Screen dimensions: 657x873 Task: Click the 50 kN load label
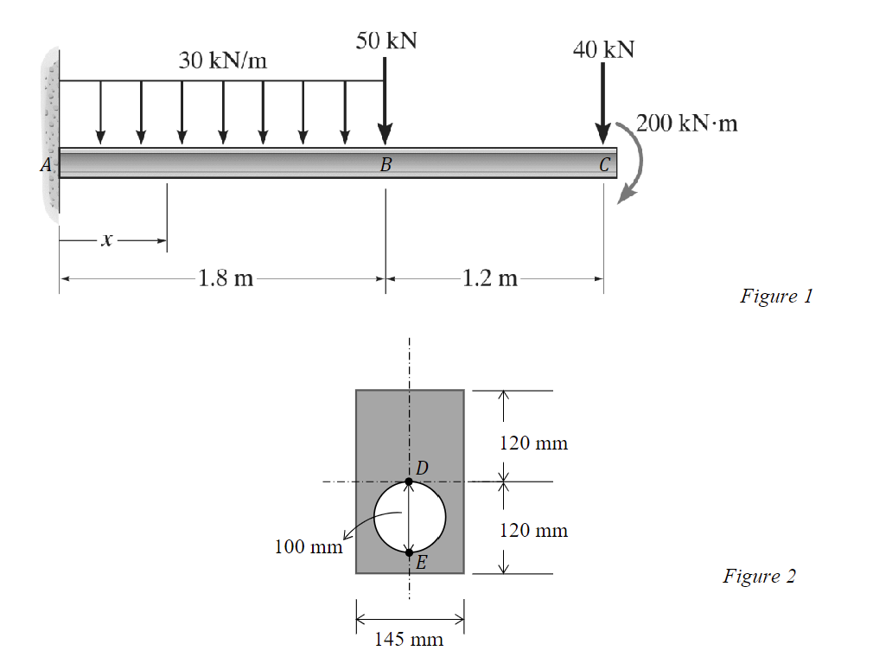[x=386, y=41]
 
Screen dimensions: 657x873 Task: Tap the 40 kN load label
[x=603, y=49]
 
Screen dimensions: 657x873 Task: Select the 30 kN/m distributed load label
[x=223, y=61]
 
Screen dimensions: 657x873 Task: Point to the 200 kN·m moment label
[x=687, y=123]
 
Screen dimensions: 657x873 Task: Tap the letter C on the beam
[x=604, y=163]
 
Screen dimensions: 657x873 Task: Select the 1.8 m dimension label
[x=226, y=278]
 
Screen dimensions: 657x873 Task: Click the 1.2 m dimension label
[x=490, y=278]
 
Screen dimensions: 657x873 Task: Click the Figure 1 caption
[x=776, y=296]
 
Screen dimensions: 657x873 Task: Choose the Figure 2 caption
[x=759, y=576]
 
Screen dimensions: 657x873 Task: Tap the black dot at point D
[x=410, y=481]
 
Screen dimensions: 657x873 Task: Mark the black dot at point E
[x=410, y=552]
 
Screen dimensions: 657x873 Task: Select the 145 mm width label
[x=409, y=640]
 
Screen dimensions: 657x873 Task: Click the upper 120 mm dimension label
[x=534, y=443]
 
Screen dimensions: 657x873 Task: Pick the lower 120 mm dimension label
[x=534, y=530]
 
